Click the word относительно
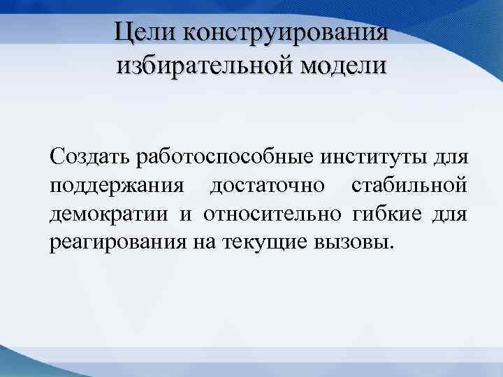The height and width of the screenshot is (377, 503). coord(272,214)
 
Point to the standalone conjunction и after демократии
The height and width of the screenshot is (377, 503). coord(186,214)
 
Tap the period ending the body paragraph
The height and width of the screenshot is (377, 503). coord(392,247)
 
